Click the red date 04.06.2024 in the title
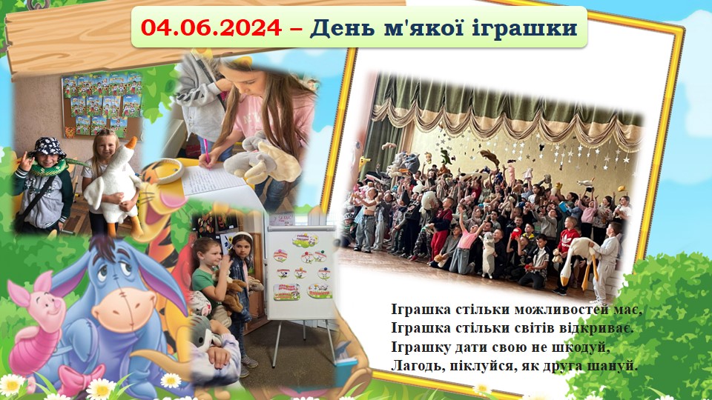point(211,27)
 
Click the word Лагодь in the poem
point(416,365)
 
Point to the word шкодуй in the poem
point(580,347)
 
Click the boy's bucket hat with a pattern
point(49,147)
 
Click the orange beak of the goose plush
point(131,144)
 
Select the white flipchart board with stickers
point(301,272)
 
